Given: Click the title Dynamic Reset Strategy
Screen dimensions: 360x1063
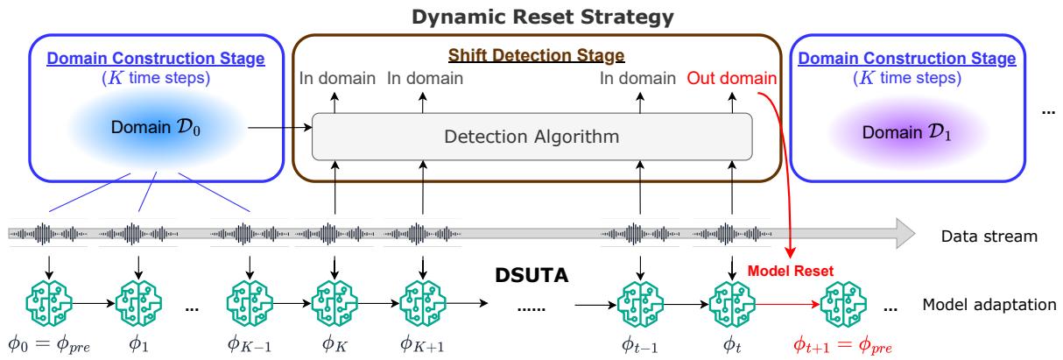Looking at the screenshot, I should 531,17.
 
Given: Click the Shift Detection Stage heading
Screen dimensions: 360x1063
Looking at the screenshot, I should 537,55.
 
